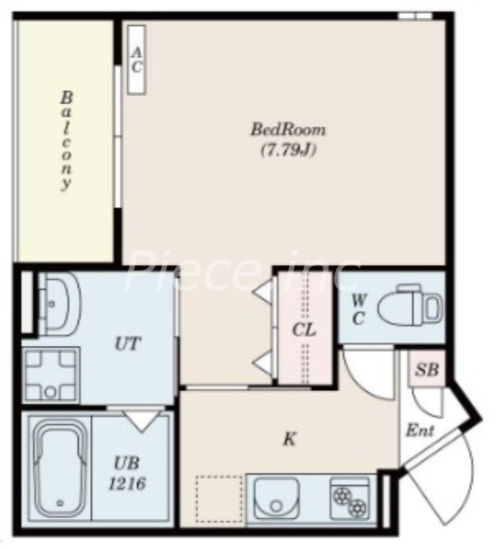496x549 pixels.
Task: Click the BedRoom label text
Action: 287,130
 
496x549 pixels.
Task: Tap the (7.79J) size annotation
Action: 289,150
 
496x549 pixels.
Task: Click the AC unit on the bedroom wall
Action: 136,60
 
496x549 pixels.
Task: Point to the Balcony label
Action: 66,141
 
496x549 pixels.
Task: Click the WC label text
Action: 359,310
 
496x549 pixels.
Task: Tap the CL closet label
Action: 304,330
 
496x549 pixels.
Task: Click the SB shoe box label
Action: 427,369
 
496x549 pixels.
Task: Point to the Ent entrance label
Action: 420,430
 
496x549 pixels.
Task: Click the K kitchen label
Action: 290,439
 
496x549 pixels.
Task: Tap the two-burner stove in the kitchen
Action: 350,499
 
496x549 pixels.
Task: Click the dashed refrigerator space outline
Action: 219,500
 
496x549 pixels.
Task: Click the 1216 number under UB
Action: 127,484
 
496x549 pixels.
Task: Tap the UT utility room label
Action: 128,344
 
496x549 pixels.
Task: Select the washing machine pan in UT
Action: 51,375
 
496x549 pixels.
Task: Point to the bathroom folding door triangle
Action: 141,421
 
